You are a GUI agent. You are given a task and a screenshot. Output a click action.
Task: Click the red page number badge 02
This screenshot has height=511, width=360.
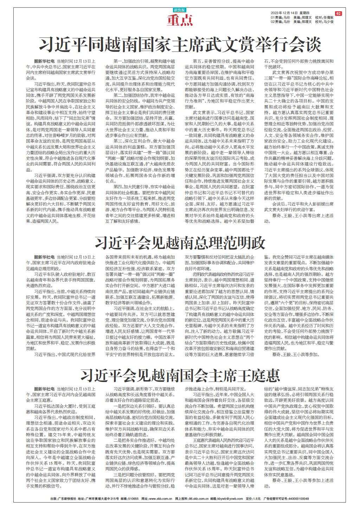[338, 13]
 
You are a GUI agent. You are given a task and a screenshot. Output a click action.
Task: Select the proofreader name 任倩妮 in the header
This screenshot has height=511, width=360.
[328, 17]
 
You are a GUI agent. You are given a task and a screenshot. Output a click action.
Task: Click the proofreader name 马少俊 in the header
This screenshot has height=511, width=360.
[328, 21]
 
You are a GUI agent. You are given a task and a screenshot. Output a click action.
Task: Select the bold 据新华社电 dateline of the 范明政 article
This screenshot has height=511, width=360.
[44, 257]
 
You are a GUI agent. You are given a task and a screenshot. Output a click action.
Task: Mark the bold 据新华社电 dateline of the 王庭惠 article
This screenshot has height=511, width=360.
[44, 389]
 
